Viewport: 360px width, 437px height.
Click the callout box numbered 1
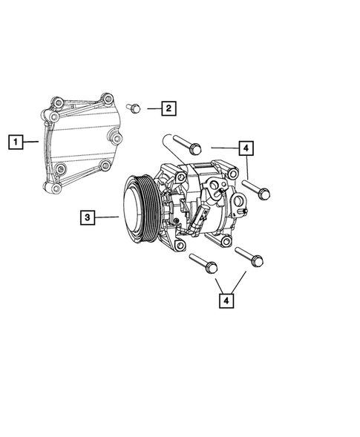pos(14,139)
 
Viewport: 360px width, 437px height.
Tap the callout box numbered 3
pos(87,217)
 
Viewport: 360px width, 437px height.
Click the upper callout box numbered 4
pos(245,148)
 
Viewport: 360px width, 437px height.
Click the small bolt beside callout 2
pos(134,108)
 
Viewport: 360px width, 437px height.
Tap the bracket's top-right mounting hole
pos(109,99)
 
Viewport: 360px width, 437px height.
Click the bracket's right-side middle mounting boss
pos(116,138)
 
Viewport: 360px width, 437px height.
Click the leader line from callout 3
pos(108,217)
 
